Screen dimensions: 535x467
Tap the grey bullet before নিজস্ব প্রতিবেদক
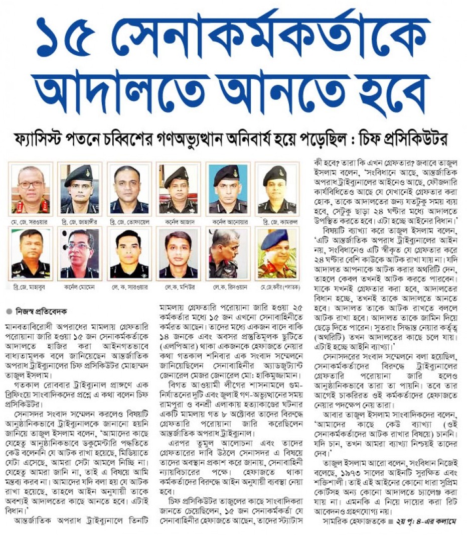click(x=10, y=312)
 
